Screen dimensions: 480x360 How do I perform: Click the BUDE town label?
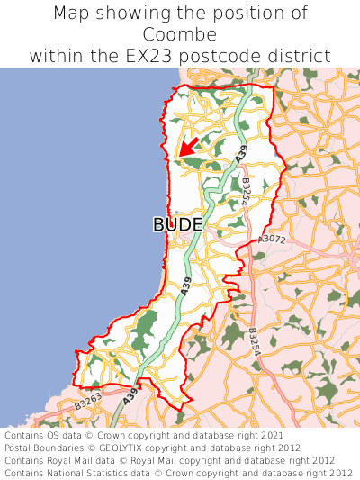(x=177, y=224)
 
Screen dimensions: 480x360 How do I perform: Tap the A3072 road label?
(x=271, y=240)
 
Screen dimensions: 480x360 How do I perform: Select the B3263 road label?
(x=88, y=404)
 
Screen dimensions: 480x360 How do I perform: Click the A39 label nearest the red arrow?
(x=241, y=154)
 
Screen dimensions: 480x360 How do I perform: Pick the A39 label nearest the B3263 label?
(x=131, y=394)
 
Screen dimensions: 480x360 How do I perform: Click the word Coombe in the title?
(x=180, y=34)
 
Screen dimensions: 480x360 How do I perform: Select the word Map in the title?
(x=72, y=13)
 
